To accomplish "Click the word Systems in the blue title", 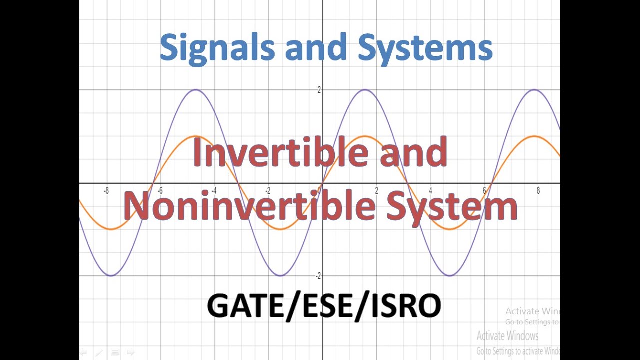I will pos(425,48).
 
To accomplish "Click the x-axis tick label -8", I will pos(106,190).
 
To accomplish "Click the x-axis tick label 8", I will pos(538,190).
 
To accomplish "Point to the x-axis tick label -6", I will pos(160,190).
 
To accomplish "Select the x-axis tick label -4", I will pos(214,190).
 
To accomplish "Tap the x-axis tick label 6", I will pos(484,190).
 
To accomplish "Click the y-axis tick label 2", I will pos(319,90).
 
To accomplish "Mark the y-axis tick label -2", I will pos(318,276).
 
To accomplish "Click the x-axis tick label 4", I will pos(430,190).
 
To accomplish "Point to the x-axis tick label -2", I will pos(268,190).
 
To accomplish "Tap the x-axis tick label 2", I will pos(376,190).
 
